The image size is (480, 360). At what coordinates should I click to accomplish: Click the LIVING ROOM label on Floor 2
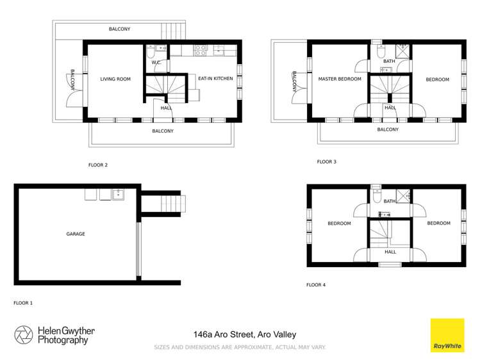coord(115,79)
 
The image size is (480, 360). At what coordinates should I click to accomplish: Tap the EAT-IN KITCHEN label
coord(215,79)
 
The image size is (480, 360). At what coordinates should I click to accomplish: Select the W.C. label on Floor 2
coord(156,62)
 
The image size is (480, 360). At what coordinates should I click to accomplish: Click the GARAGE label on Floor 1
coord(75,234)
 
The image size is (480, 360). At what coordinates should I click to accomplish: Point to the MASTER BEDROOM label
coord(340,79)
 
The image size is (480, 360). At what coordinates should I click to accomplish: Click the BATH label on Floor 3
coord(389,61)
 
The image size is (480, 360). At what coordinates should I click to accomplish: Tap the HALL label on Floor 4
coord(390,252)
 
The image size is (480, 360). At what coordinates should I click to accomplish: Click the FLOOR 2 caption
coord(97,165)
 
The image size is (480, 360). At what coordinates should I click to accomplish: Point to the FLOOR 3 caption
coord(326,162)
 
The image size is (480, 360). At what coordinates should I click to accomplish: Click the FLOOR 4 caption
coord(316,284)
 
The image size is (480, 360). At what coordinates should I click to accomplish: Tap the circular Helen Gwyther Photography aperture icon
coord(24,335)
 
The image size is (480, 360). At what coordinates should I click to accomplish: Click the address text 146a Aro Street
coord(245,334)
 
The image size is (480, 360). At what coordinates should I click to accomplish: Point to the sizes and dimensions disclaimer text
coord(240,347)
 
